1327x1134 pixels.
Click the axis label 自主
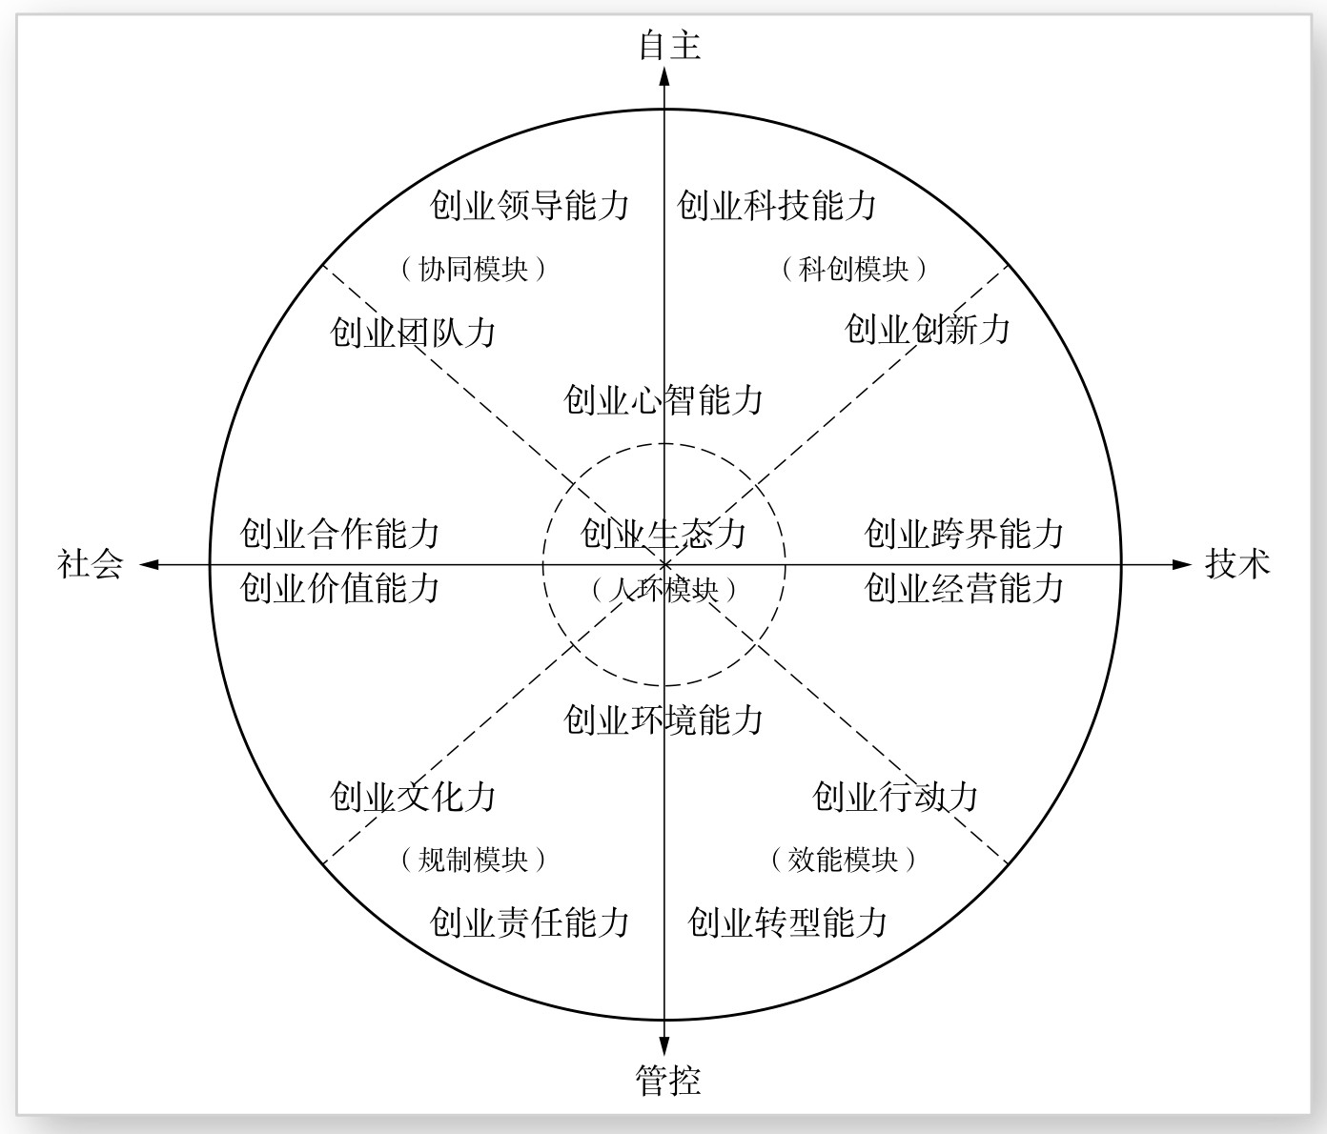669,45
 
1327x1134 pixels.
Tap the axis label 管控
668,1080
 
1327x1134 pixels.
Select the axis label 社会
91,563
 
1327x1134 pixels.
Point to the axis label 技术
1237,563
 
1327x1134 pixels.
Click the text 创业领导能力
529,205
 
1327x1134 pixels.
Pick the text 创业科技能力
776,205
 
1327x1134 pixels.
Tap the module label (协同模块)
473,269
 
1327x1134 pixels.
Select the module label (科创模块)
853,269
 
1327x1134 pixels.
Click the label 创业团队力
413,332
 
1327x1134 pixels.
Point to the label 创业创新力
927,329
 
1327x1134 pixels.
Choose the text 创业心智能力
663,399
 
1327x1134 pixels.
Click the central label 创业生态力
663,534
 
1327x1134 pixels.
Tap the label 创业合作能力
339,534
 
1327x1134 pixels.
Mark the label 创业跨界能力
964,534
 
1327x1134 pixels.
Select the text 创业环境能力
663,719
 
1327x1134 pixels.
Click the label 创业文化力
413,796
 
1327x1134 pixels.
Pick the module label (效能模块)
843,860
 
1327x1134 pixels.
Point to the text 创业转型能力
787,921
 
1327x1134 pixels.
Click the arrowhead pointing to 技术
1182,564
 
